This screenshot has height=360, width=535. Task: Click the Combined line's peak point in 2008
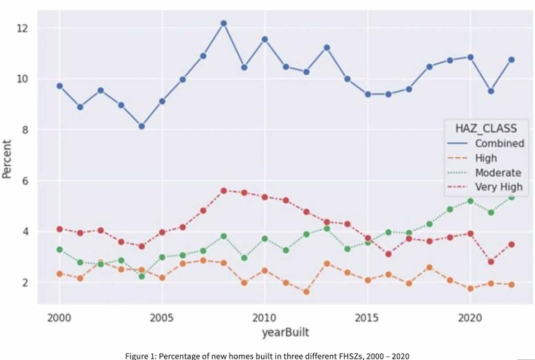coord(224,24)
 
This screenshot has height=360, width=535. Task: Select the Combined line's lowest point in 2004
coord(142,126)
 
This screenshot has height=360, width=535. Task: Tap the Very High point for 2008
coord(224,191)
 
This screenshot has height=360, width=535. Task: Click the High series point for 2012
coord(306,292)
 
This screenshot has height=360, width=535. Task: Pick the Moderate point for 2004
coord(142,276)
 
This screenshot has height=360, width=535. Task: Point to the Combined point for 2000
coord(60,86)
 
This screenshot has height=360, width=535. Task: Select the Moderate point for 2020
coord(470,201)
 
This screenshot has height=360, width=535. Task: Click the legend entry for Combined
coord(499,143)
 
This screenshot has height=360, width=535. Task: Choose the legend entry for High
coord(486,158)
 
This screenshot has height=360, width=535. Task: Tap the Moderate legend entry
coord(498,172)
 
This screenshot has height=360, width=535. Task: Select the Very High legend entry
coord(498,187)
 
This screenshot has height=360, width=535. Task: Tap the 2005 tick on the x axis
coord(162,318)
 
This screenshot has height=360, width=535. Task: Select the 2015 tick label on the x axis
coord(368,318)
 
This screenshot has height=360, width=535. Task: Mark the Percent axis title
coord(7,158)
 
